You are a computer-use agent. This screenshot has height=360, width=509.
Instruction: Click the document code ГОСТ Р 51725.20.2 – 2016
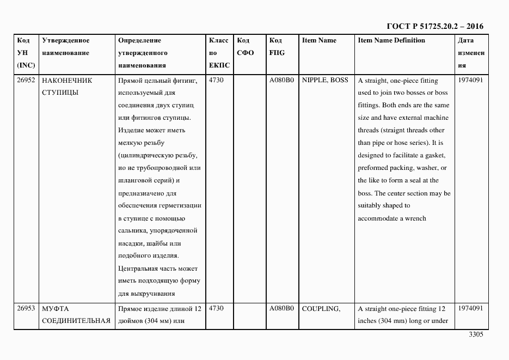434,26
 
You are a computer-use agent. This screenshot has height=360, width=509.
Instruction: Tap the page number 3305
476,335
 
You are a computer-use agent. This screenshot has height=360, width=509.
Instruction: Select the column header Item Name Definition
391,40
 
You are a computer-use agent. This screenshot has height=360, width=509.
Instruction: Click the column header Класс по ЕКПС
219,53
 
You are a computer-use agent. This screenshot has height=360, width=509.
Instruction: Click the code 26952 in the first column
26,80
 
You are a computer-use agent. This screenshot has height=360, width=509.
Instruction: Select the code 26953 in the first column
26,308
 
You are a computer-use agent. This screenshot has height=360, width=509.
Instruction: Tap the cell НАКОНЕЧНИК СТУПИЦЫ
67,86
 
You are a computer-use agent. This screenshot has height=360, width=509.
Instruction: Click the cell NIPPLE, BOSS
324,80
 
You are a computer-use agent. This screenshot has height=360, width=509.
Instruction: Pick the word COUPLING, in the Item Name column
321,308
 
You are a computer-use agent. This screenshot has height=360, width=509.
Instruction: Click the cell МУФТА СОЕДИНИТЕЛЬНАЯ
76,314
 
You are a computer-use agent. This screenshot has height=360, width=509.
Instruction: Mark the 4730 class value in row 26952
217,80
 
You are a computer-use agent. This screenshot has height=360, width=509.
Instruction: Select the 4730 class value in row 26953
217,308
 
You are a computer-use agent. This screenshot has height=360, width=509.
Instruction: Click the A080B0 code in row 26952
281,80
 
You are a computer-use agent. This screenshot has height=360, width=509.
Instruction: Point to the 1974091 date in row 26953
470,308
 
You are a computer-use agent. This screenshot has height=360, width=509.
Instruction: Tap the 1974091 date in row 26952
470,80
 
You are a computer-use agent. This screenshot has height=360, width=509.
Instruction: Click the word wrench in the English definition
415,218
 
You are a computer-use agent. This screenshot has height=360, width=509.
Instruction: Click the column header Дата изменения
470,53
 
